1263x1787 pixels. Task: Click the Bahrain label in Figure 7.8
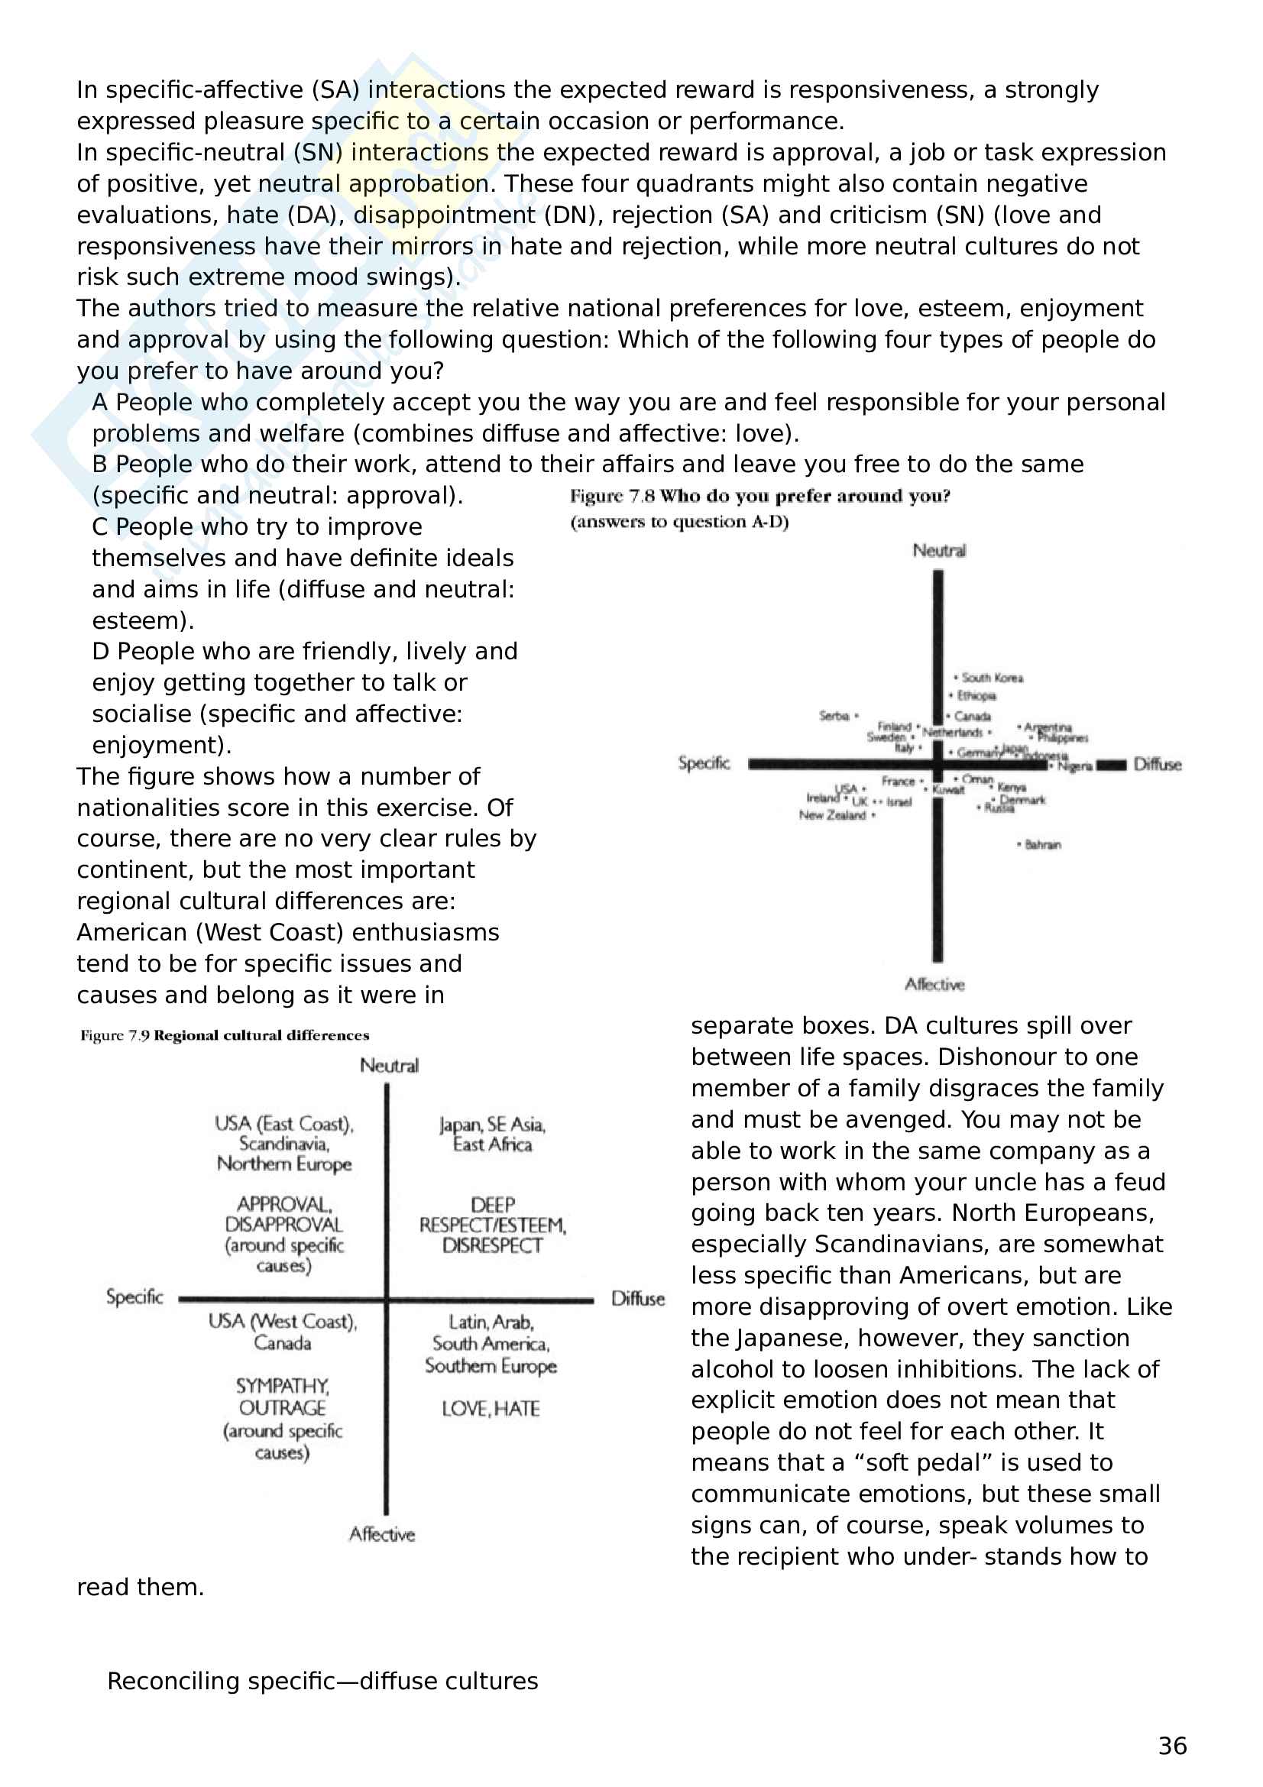click(1042, 844)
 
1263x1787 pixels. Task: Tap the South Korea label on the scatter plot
click(992, 678)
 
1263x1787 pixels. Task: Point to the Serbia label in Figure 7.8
click(834, 715)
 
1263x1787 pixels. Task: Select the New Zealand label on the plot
click(832, 815)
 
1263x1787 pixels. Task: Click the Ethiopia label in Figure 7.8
click(976, 696)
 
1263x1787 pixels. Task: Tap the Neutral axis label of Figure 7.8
click(939, 551)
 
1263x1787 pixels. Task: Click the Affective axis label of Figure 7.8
click(934, 985)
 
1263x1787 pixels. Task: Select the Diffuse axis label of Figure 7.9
click(637, 1298)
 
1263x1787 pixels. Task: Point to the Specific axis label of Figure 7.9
click(134, 1297)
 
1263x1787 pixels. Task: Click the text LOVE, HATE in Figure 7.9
click(491, 1409)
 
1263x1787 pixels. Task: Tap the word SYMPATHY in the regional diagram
click(283, 1386)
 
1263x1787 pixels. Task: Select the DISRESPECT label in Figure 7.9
click(492, 1245)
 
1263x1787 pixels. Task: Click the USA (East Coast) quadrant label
click(284, 1124)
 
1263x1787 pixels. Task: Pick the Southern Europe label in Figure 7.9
click(491, 1366)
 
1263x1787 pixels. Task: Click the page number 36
click(1172, 1746)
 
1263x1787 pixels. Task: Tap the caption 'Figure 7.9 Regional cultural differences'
click(224, 1035)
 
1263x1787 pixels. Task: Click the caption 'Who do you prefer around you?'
click(805, 497)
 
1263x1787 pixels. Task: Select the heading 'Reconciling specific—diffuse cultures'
click(322, 1681)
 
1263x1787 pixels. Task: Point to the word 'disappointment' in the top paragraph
click(445, 215)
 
